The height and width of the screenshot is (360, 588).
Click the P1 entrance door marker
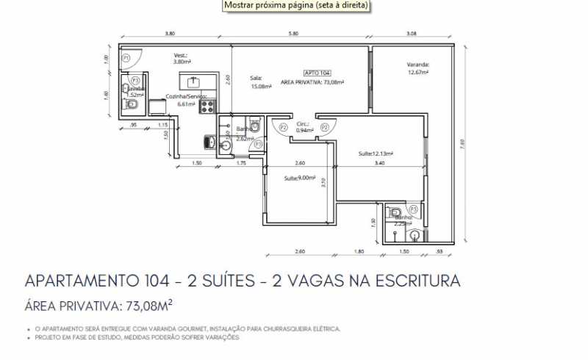(126, 57)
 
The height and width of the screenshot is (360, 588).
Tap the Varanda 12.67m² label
(418, 68)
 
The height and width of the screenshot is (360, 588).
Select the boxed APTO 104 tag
(317, 73)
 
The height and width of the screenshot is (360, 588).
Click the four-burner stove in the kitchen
(207, 106)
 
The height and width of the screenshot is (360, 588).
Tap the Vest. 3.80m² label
(181, 58)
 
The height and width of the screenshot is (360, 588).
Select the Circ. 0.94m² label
(303, 128)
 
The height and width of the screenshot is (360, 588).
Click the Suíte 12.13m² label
(376, 154)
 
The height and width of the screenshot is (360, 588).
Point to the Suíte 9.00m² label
(300, 178)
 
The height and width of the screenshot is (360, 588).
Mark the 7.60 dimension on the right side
(462, 144)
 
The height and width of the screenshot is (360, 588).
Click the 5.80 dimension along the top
(293, 34)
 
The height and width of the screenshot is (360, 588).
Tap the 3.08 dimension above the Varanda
(411, 34)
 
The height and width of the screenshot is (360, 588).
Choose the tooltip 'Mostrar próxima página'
(296, 5)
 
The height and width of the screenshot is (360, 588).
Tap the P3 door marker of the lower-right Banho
(414, 209)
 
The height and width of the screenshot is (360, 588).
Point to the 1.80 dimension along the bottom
(359, 252)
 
